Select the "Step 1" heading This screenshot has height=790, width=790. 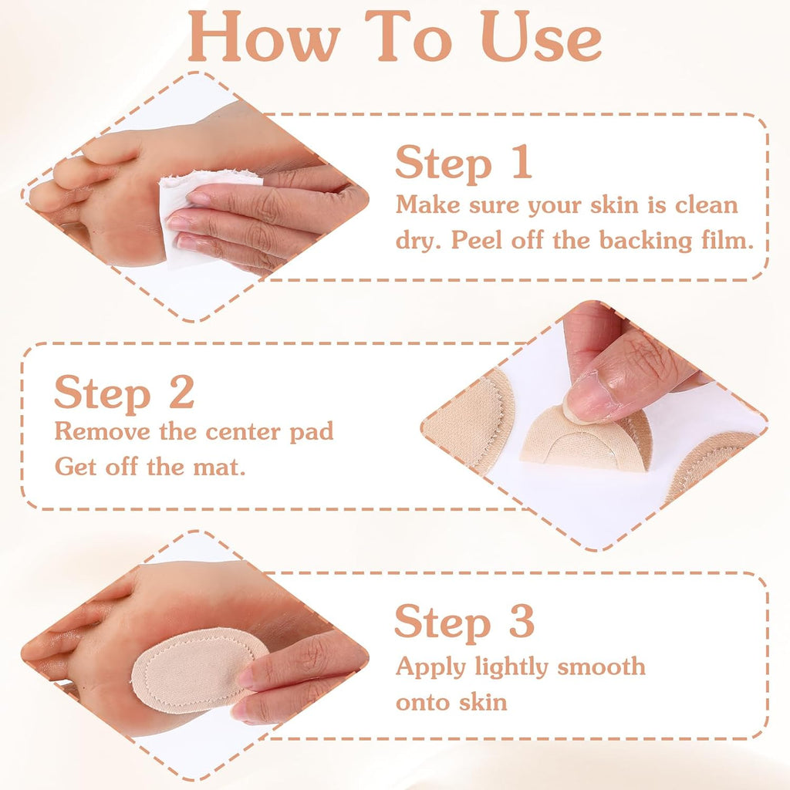(464, 162)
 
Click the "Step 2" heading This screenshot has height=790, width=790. (124, 392)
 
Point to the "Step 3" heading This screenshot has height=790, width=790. (464, 623)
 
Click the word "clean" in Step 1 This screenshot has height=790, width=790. (707, 205)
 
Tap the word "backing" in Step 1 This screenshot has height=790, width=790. (646, 241)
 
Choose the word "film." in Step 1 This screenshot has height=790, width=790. (728, 240)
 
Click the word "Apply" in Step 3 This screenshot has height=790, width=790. (430, 668)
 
